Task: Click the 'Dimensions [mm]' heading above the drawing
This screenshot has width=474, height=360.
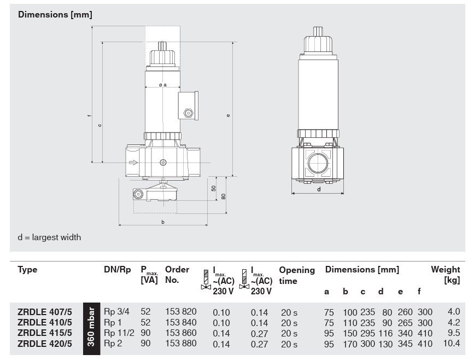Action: tap(55, 15)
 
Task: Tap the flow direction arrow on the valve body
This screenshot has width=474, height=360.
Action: tap(133, 162)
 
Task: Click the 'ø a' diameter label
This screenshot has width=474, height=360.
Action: tap(162, 85)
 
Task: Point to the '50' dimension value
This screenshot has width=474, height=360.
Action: tap(214, 188)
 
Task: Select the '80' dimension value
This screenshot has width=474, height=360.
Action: tap(224, 196)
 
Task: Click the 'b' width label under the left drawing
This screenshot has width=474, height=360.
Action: tap(163, 222)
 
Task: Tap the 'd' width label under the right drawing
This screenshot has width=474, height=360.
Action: tap(319, 190)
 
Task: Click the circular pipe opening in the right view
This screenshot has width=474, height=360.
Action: tap(318, 163)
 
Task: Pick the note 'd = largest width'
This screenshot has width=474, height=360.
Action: tap(49, 237)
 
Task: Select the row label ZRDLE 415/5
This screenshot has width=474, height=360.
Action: tap(45, 333)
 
